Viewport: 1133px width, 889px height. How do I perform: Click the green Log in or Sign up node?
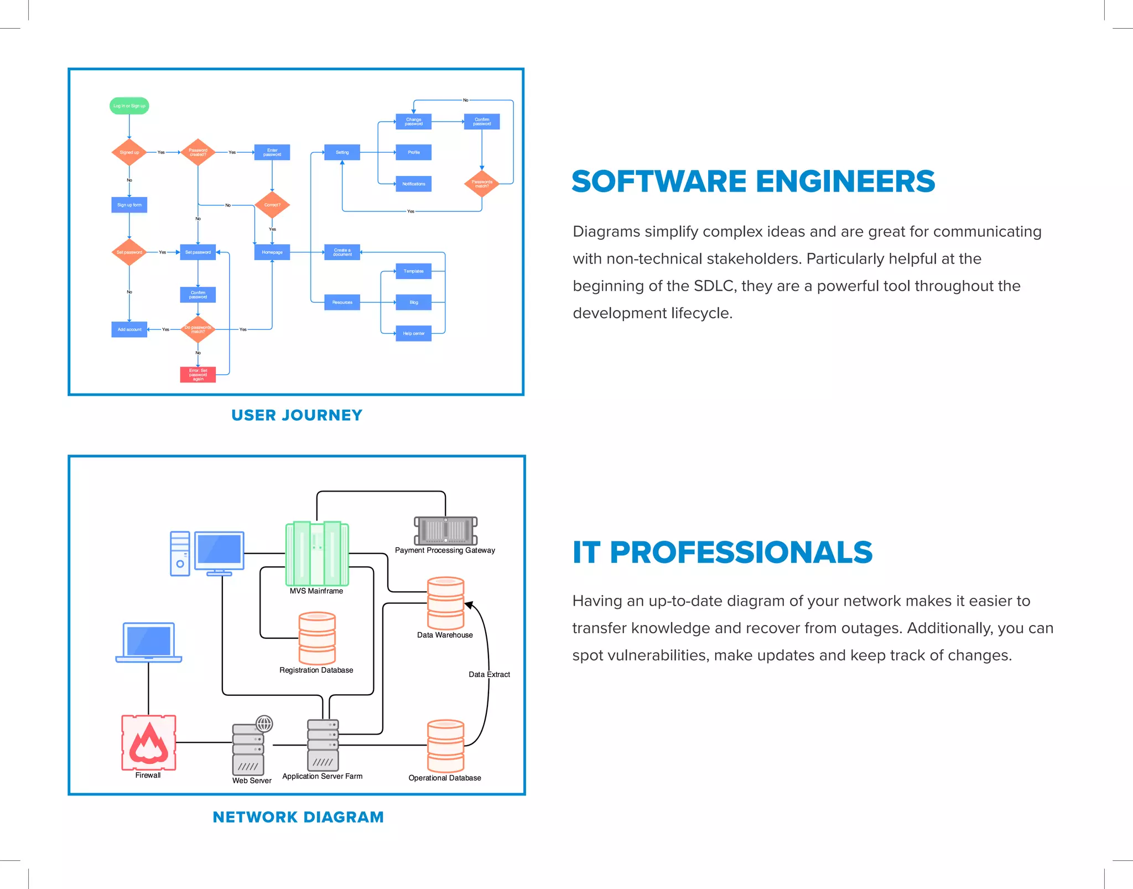(x=129, y=106)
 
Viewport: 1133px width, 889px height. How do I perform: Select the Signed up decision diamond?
(x=129, y=152)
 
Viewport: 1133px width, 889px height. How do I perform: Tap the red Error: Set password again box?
(x=198, y=375)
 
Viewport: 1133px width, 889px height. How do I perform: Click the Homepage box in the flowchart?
(x=272, y=252)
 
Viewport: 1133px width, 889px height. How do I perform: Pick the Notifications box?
(x=413, y=184)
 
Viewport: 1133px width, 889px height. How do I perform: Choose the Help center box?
(x=413, y=333)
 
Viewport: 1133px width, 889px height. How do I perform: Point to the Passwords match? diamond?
(x=481, y=184)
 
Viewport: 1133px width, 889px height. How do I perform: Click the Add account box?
(x=129, y=329)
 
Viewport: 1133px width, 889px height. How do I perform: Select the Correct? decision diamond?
(x=272, y=205)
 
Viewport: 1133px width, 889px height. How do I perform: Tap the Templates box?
(x=413, y=271)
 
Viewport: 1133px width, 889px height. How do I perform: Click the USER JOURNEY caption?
(x=297, y=415)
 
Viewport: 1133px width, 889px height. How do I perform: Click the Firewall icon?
(x=148, y=742)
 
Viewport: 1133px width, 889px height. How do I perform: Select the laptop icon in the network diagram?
(x=148, y=642)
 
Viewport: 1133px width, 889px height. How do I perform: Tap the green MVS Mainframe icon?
(x=317, y=554)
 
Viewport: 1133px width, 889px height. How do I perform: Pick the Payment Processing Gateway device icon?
(x=445, y=531)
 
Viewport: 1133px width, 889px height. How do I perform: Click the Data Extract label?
(x=489, y=674)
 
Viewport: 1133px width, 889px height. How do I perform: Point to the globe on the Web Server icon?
(x=264, y=723)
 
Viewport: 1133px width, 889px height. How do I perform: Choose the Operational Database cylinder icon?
(x=445, y=746)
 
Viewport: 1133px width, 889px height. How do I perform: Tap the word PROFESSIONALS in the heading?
(x=741, y=552)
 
